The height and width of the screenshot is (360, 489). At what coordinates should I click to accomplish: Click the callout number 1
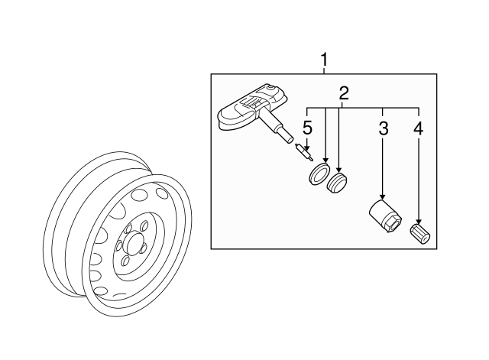point(325,58)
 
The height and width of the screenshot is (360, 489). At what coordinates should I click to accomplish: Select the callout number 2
point(344,93)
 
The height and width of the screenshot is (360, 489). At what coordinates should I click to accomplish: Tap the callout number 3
point(383,128)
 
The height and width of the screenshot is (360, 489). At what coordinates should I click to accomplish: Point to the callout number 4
point(417,128)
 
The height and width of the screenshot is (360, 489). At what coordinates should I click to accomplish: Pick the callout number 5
point(307,127)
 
